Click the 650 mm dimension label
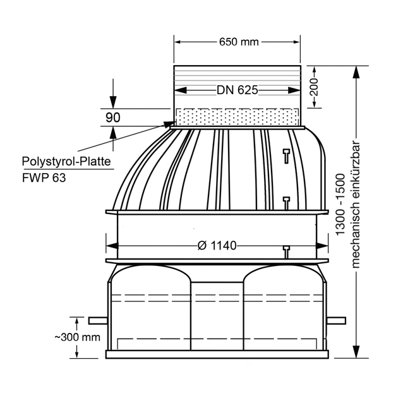point(239,42)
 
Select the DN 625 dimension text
point(238,90)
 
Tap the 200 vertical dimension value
point(314,87)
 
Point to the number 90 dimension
point(113,117)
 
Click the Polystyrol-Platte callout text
point(66,162)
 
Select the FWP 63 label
point(44,177)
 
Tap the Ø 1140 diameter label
point(217,246)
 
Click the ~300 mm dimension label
point(77,337)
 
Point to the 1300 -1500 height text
point(340,205)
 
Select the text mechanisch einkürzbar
point(356,205)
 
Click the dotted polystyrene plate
point(238,117)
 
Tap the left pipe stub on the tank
point(98,321)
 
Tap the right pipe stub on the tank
point(336,321)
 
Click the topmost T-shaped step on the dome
point(287,156)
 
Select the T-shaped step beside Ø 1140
point(287,252)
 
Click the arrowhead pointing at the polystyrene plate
point(167,124)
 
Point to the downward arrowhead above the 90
point(113,102)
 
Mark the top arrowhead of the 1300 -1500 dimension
point(356,72)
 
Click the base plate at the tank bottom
point(217,354)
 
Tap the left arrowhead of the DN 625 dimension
point(181,90)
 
